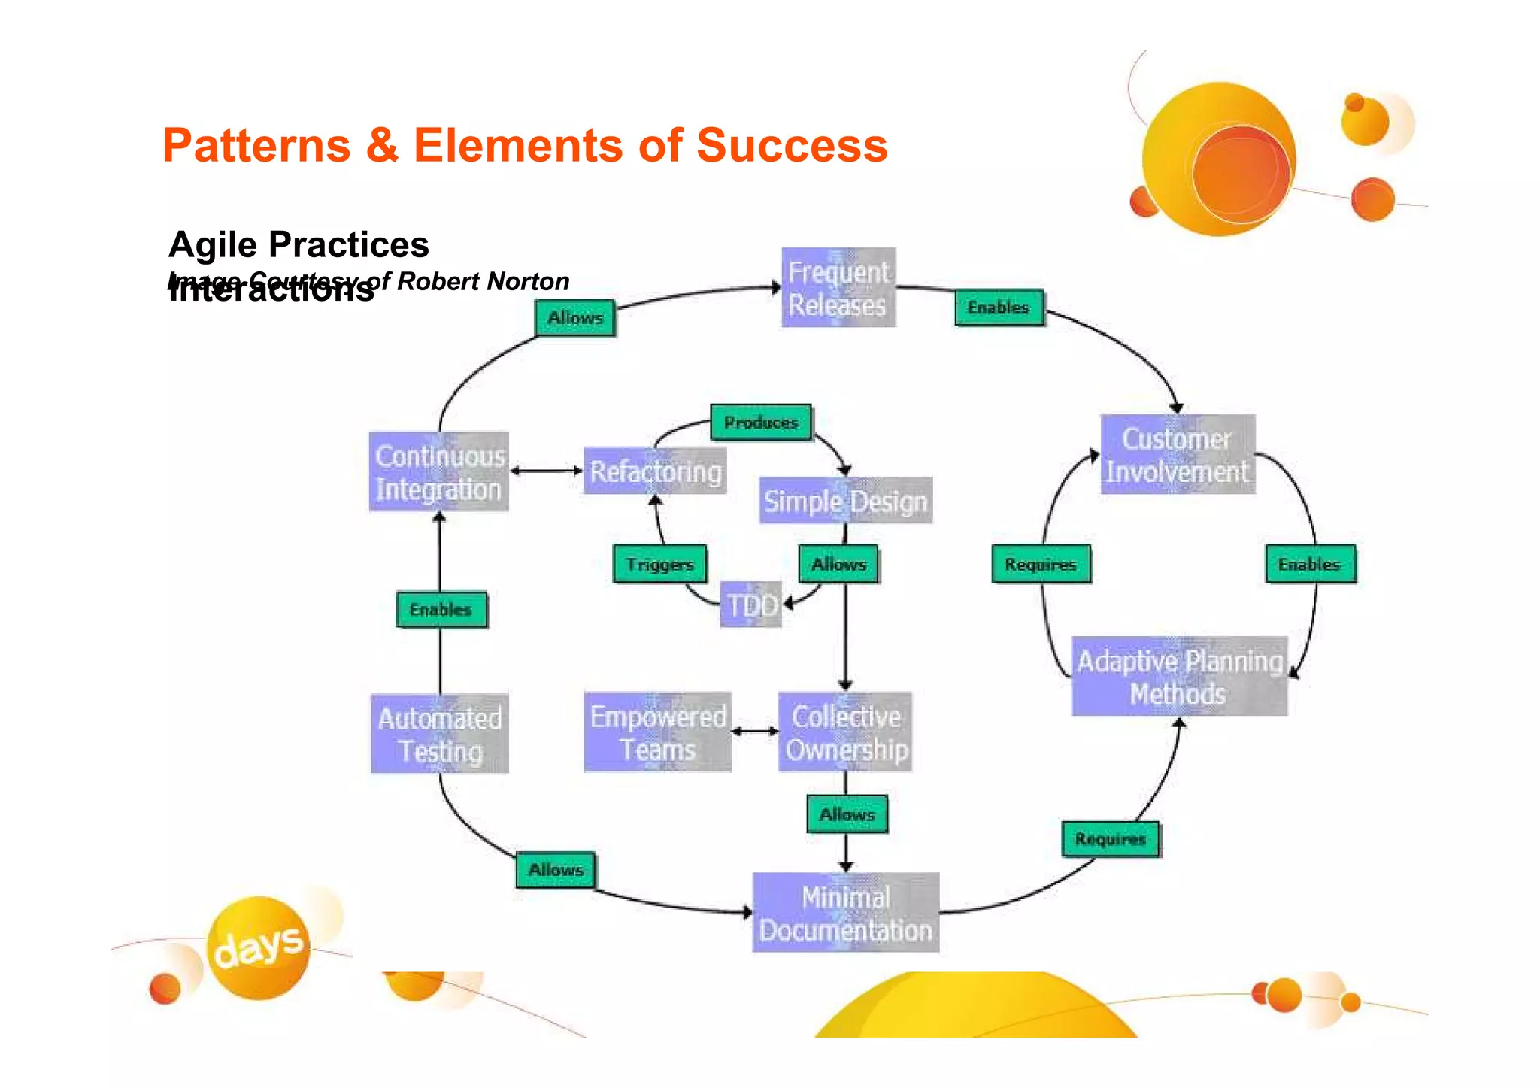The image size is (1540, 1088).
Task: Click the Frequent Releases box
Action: click(838, 287)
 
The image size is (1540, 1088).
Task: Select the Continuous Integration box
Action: click(438, 471)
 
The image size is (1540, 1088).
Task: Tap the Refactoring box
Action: click(654, 471)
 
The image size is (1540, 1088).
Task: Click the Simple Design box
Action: click(845, 500)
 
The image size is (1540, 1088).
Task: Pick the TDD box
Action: click(750, 605)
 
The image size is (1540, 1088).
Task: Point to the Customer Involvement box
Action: click(1178, 454)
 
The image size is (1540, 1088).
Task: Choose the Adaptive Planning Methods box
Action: click(1178, 676)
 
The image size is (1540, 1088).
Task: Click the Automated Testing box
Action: click(439, 733)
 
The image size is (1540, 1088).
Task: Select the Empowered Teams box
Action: click(657, 732)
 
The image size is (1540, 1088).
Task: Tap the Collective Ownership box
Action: click(845, 732)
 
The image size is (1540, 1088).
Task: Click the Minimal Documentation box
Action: click(845, 912)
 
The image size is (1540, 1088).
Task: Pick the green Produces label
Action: click(761, 423)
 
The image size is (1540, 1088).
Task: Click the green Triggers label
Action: click(659, 564)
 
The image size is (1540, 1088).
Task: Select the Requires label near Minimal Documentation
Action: click(1110, 839)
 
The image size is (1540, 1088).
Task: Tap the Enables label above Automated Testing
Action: click(441, 609)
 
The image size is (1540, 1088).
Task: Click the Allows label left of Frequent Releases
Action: click(575, 318)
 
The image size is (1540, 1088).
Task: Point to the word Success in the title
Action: click(792, 144)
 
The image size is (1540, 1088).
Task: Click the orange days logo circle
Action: click(258, 947)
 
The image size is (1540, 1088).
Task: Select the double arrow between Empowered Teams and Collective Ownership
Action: click(754, 731)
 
